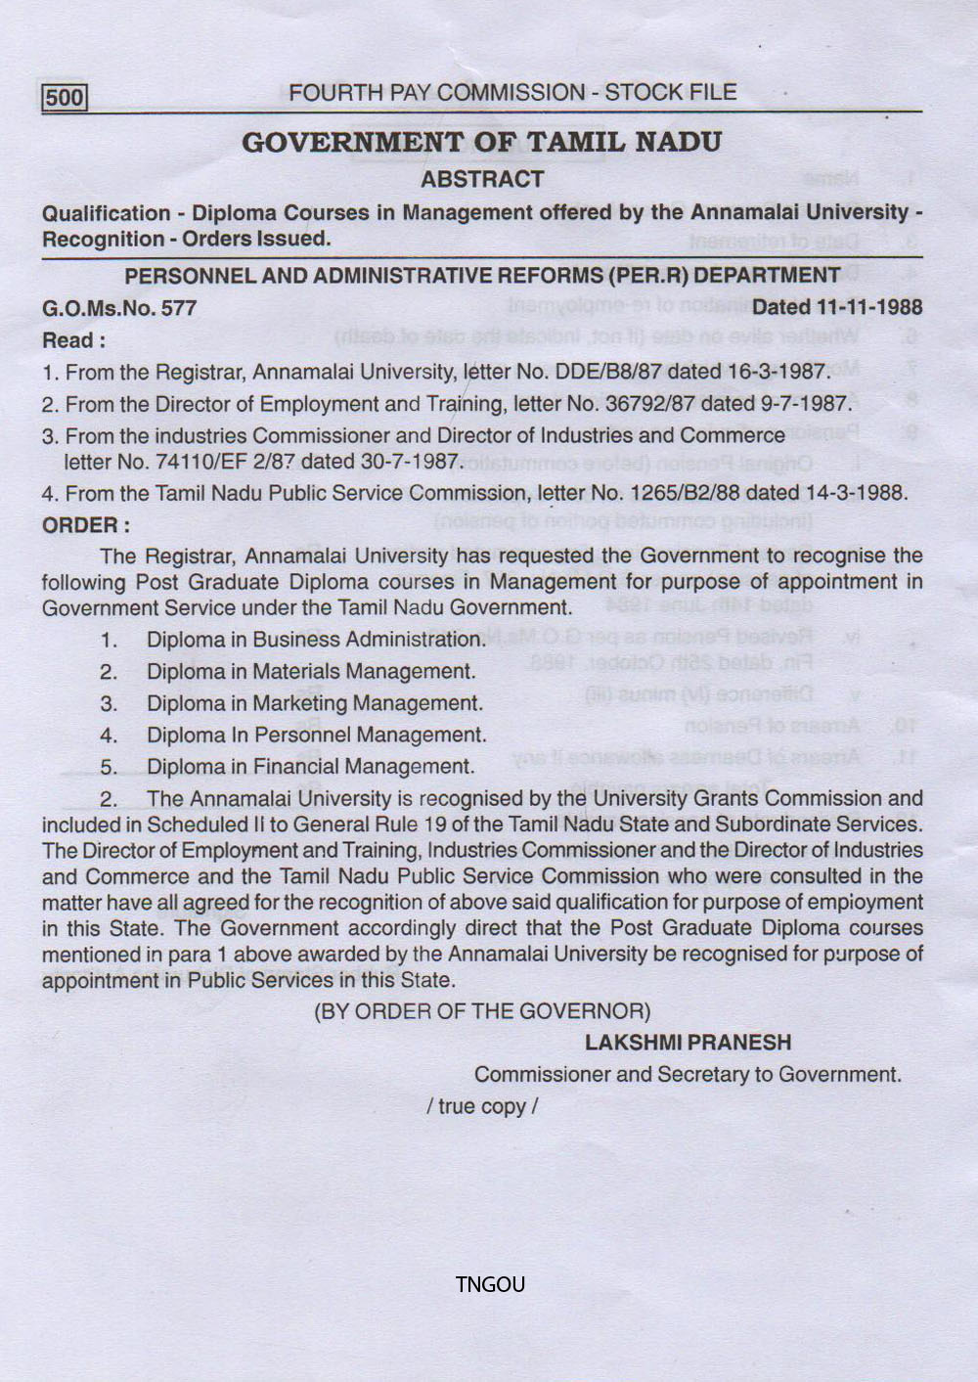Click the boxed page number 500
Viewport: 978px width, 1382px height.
[65, 98]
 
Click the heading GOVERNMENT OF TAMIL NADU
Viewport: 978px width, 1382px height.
[481, 143]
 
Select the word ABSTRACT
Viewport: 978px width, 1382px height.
[481, 180]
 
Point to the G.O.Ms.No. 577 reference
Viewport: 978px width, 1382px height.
[119, 309]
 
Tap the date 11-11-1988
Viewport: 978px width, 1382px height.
[868, 307]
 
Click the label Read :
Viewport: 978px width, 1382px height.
[73, 341]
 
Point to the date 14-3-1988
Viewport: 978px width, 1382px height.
[857, 493]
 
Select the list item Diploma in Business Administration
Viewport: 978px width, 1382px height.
[316, 640]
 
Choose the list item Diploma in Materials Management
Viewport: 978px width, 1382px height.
[311, 672]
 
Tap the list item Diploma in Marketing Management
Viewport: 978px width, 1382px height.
[314, 703]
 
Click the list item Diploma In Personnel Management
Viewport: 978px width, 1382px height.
[316, 736]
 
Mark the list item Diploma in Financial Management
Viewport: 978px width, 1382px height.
[310, 767]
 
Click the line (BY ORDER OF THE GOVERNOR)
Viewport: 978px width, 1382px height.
[481, 1011]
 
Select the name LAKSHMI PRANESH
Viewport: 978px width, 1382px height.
[688, 1043]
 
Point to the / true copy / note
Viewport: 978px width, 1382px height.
[481, 1106]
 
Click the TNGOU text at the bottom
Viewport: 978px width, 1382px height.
[490, 1285]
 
